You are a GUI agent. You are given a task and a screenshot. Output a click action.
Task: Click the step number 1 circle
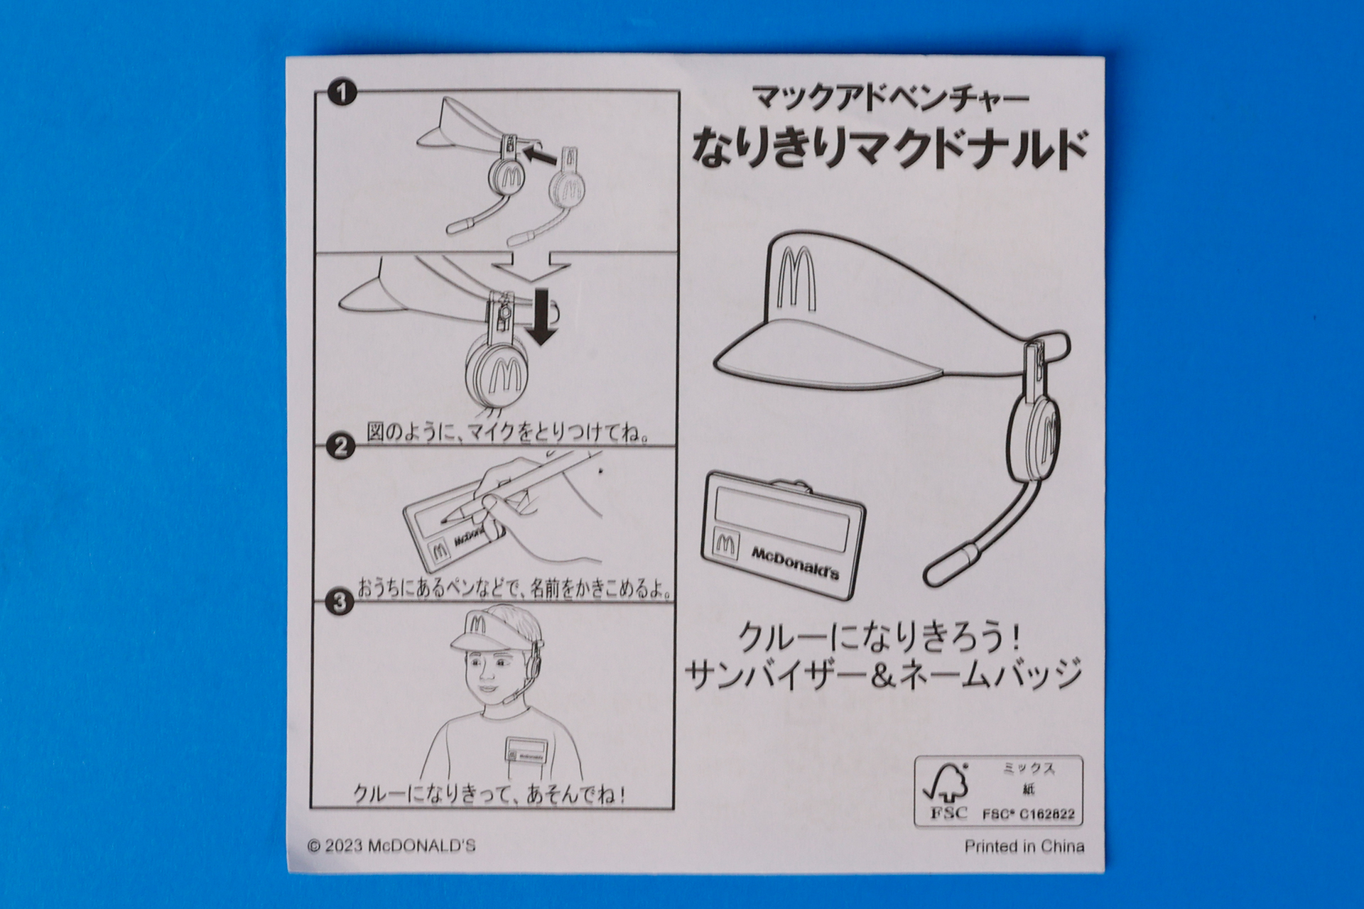(x=342, y=93)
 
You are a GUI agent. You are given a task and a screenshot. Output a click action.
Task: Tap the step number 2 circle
(x=341, y=447)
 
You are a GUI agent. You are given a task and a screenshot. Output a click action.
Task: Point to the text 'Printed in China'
(x=1024, y=847)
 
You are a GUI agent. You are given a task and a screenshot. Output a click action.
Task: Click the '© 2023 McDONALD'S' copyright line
(x=391, y=846)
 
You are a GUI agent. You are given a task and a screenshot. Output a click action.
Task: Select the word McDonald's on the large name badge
(x=795, y=562)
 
